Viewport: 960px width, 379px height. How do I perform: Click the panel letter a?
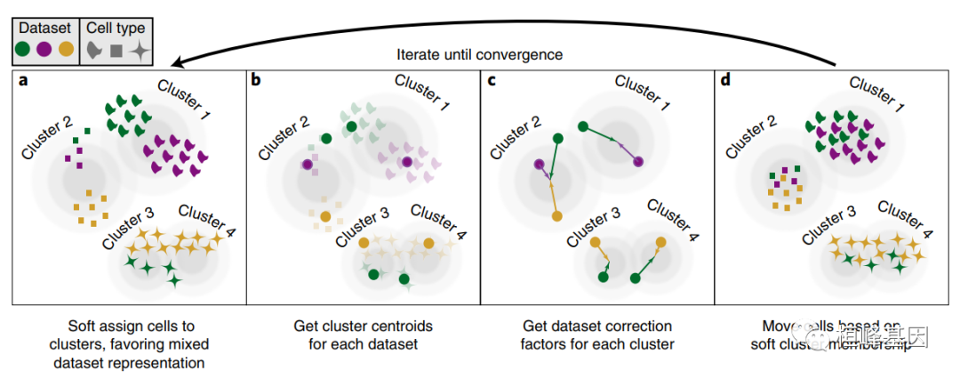(x=23, y=82)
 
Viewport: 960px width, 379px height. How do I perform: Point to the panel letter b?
(x=257, y=82)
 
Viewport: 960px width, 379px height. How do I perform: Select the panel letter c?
(x=492, y=82)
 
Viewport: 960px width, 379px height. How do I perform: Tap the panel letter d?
(x=725, y=82)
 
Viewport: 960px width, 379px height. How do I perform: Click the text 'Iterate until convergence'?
(x=479, y=54)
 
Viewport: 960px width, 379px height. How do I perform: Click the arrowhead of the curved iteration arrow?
(x=178, y=62)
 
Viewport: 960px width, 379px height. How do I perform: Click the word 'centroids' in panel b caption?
(x=386, y=327)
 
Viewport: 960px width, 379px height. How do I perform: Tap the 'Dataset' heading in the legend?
(x=45, y=28)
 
